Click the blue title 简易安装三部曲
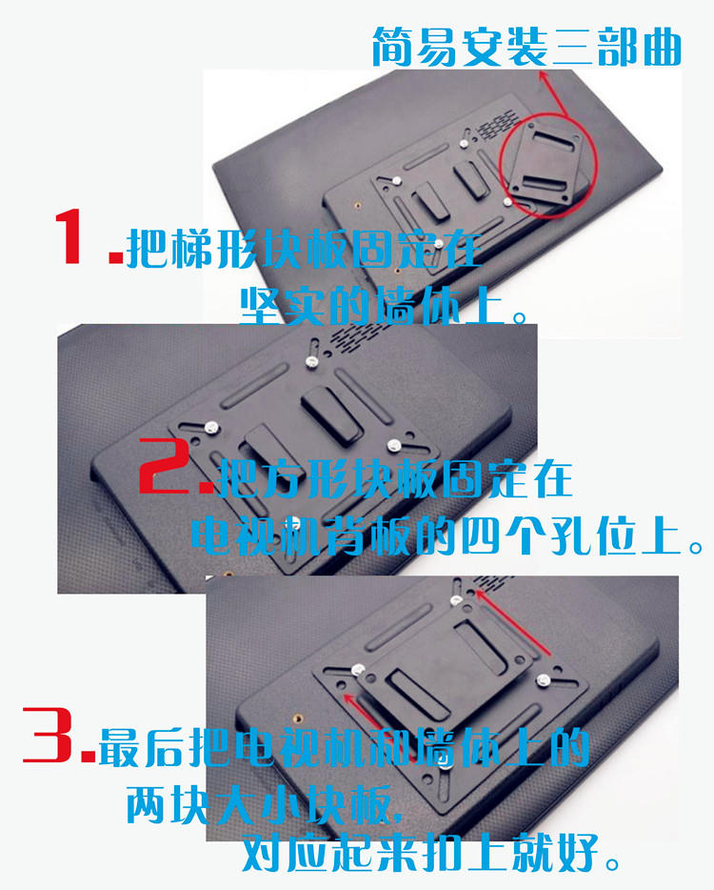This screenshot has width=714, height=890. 526,48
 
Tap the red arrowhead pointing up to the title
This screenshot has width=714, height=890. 544,77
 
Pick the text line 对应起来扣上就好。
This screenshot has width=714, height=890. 431,853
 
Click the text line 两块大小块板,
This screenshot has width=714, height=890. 265,805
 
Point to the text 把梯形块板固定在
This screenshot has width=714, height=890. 304,249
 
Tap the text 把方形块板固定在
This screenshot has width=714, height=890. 395,478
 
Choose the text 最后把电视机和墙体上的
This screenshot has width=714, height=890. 344,747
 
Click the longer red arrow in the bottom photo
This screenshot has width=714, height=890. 513,622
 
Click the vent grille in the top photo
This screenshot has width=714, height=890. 497,124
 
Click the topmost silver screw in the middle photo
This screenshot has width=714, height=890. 310,361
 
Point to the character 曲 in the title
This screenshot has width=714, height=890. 663,48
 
